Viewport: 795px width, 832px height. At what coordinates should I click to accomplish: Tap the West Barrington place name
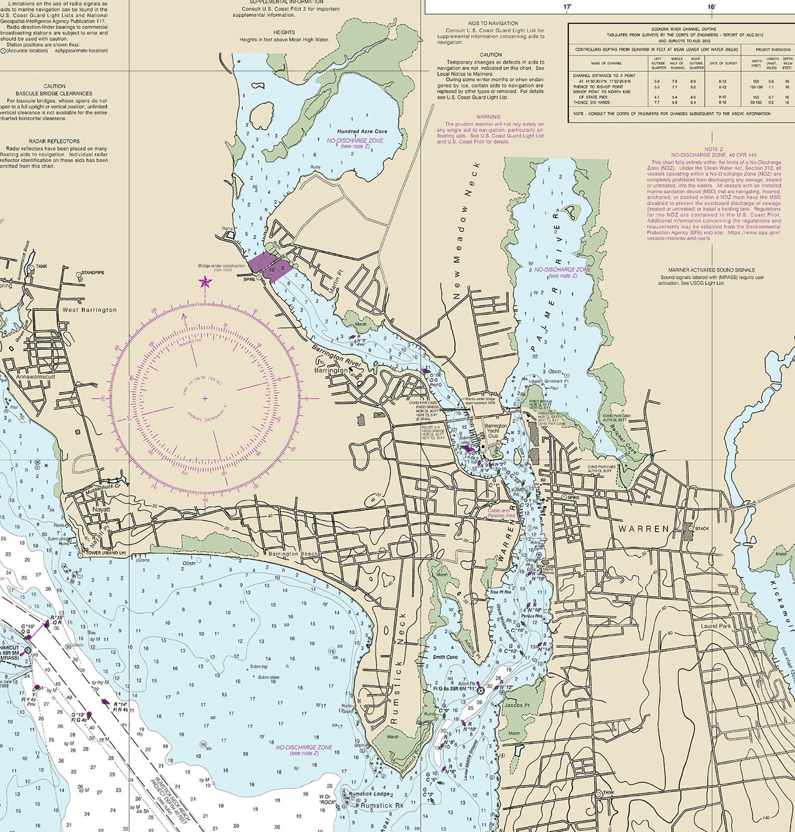pos(89,310)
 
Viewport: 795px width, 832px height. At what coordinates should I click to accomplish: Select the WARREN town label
pos(643,528)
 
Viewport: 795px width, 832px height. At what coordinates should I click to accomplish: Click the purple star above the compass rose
pos(205,282)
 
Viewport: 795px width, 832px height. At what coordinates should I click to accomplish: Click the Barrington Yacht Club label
pos(496,431)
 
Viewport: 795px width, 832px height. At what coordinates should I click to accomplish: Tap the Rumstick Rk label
pos(382,805)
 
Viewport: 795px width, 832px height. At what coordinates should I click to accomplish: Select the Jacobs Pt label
pos(517,705)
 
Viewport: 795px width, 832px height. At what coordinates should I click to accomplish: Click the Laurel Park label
pos(716,626)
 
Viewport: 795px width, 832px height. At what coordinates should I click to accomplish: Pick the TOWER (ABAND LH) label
pos(106,553)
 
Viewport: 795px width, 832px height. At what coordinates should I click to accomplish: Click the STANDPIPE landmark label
pos(93,273)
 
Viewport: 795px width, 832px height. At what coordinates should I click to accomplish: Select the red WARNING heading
pos(488,117)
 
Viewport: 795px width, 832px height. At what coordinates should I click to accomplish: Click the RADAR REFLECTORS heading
pos(54,141)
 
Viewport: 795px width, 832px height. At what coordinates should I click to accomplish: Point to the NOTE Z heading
pos(713,149)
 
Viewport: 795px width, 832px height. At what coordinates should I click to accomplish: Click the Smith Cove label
pos(445,657)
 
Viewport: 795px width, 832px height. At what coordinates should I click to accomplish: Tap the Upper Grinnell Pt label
pos(549,381)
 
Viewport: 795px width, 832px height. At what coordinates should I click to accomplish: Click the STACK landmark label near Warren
pos(701,528)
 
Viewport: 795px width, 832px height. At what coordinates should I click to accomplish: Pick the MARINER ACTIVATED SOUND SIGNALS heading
pos(711,270)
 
